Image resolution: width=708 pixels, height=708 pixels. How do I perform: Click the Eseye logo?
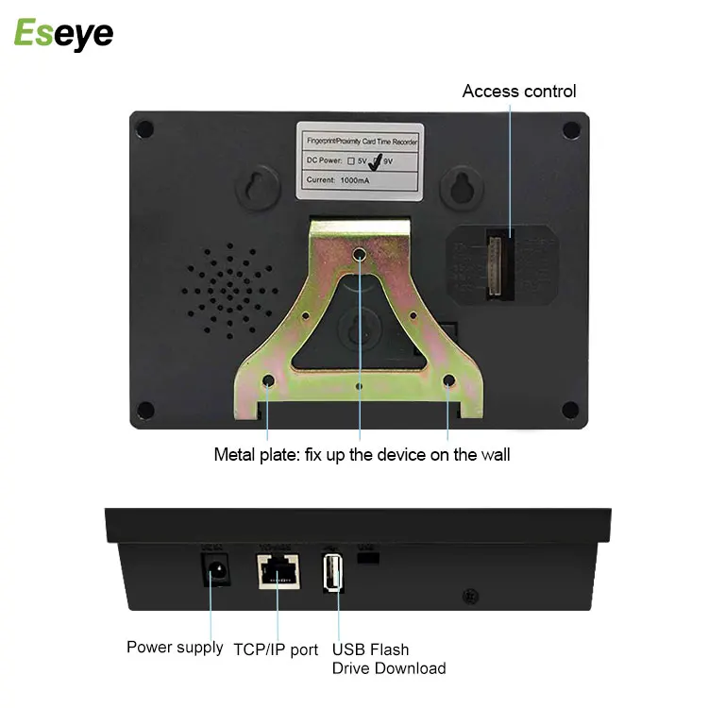[x=63, y=34]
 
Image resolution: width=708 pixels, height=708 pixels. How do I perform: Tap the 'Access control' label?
[x=518, y=92]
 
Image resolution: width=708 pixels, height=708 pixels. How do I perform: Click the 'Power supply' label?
[x=175, y=648]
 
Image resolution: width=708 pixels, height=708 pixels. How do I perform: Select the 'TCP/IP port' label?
[x=276, y=649]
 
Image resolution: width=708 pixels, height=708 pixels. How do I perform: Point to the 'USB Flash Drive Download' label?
[x=388, y=659]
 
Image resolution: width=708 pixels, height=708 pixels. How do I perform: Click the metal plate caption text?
[x=362, y=455]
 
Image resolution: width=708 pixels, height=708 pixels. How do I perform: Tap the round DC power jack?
[x=214, y=569]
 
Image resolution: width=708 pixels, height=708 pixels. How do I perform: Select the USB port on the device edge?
[x=333, y=573]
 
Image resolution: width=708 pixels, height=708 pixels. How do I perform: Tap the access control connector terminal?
[x=497, y=266]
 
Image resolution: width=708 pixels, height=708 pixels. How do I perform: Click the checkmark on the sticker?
[x=374, y=162]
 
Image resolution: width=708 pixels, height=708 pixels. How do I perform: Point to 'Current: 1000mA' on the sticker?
[x=339, y=179]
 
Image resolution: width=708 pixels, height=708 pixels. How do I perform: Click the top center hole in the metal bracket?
[x=360, y=255]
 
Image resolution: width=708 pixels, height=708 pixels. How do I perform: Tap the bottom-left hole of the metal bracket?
[x=268, y=382]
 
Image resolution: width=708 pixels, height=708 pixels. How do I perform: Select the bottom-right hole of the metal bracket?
[x=449, y=382]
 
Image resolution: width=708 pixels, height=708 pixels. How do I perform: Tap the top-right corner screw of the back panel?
[x=570, y=128]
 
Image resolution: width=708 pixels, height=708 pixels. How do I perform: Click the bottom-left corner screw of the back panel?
[x=145, y=410]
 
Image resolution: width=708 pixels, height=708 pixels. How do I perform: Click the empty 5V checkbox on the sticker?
[x=350, y=161]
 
